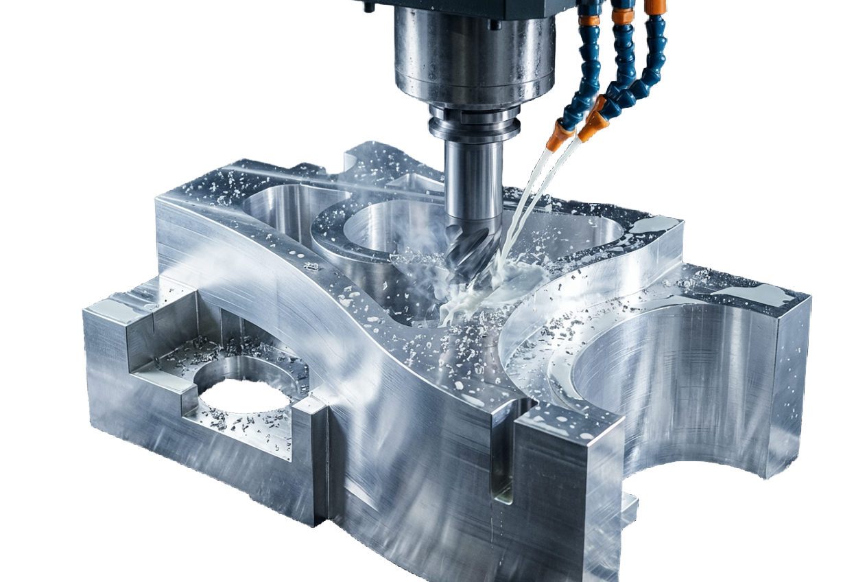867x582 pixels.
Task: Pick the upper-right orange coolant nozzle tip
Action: click(593, 124)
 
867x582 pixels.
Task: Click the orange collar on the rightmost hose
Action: click(655, 7)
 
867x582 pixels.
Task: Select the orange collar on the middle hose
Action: click(623, 16)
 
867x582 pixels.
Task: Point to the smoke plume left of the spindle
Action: click(302, 103)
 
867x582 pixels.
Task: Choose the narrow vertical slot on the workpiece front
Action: click(503, 453)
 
